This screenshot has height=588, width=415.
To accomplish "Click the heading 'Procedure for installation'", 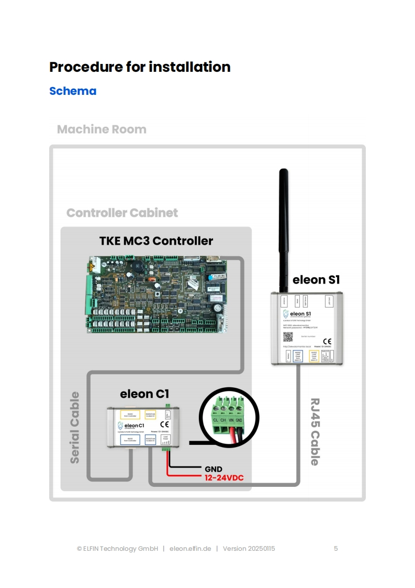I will click(140, 67).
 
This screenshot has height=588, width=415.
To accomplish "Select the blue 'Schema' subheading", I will click(73, 91).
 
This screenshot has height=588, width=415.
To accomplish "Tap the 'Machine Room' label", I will click(102, 129).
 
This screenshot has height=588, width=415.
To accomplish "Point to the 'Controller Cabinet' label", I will click(122, 213).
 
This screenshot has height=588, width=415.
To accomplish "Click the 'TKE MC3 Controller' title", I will click(156, 241).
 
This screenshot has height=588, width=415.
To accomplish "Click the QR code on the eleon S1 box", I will click(286, 335).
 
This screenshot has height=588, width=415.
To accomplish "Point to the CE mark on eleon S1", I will click(327, 341).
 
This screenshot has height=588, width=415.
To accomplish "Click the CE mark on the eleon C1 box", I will click(164, 424).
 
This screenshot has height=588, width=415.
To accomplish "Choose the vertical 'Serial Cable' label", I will click(75, 427).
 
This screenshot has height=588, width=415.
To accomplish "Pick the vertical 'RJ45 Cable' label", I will click(315, 431).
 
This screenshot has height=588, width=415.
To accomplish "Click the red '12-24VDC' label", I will click(224, 477).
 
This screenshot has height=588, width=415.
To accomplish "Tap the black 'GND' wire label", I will click(213, 469).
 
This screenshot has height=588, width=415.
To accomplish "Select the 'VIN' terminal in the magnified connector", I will click(231, 420).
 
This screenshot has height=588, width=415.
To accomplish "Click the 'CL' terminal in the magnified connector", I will click(216, 420).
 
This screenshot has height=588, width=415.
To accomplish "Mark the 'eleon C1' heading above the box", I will click(144, 394).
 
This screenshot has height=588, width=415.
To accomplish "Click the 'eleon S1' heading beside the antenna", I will click(317, 280).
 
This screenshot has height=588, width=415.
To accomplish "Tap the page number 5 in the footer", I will click(336, 549).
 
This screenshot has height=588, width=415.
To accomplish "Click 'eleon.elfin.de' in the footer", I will click(190, 549).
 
